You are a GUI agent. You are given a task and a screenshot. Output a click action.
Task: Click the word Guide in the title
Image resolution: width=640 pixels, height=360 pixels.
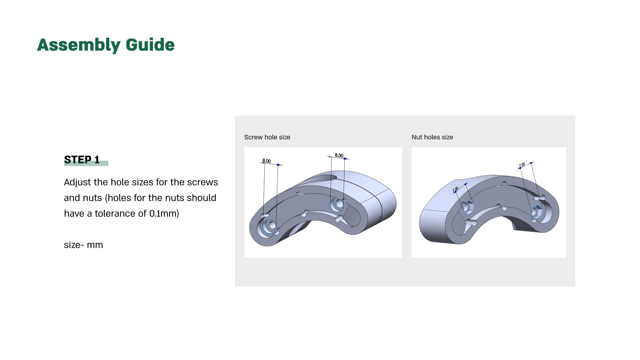point(150,45)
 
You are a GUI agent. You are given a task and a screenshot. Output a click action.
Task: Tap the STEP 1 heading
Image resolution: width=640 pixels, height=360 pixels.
point(82,160)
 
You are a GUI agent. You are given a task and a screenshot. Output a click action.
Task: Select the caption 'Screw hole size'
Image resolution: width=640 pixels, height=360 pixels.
point(267,137)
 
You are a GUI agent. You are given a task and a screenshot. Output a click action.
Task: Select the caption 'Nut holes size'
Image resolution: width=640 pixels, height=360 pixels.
point(432,137)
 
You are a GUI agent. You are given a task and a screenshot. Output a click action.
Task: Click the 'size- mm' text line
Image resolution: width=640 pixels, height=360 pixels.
point(83,245)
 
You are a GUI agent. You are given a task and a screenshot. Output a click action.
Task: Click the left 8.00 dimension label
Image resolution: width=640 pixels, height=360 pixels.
point(266,161)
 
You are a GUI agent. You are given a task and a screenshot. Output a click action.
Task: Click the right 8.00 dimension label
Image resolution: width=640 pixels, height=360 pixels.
point(339,155)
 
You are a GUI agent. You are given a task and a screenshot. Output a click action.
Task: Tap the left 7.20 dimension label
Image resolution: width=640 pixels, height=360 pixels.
point(456,190)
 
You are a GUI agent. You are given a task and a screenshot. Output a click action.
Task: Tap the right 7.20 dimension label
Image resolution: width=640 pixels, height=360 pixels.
point(522,165)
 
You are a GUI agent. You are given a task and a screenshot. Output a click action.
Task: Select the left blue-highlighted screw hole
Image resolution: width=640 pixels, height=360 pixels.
point(270,226)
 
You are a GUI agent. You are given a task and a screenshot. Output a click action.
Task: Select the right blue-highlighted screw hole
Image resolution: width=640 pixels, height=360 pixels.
point(337,205)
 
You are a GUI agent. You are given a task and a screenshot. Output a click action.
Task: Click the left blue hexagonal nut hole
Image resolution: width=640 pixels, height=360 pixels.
point(468,207)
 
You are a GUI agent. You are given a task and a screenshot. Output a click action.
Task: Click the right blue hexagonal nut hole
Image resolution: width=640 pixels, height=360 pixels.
point(537,212)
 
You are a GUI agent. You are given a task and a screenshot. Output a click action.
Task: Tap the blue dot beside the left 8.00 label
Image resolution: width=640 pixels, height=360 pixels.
point(278,165)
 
